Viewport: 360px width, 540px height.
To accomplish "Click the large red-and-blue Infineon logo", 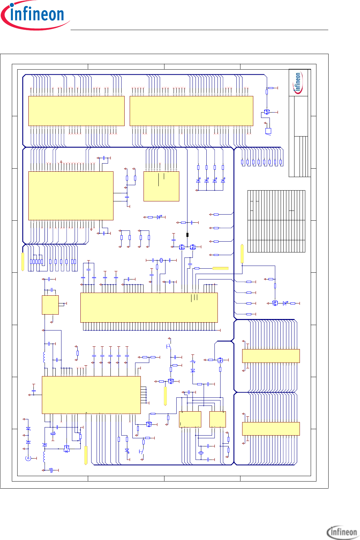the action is click(35, 15).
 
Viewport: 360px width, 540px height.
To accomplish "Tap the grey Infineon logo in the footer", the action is click(342, 532).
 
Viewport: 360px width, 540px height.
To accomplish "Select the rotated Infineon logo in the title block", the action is click(298, 83).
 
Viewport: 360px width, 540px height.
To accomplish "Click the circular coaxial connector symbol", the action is click(28, 458).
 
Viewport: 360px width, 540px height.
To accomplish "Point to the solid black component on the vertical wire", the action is click(187, 235).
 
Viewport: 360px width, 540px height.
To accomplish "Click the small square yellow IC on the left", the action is click(50, 305).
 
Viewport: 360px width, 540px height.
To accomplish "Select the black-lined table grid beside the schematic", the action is click(276, 221).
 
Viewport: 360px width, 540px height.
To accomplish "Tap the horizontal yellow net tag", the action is click(220, 268).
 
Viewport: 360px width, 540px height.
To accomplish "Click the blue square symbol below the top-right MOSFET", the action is click(268, 131).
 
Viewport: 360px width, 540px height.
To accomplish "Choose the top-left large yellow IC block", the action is click(76, 111).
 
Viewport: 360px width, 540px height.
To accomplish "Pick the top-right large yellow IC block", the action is click(191, 111).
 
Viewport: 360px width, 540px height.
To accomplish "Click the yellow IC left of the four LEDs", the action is click(161, 186).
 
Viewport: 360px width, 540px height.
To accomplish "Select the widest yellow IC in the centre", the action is click(149, 308).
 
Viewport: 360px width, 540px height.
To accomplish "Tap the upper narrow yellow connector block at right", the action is click(271, 356).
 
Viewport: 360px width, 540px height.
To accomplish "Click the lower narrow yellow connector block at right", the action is click(271, 428).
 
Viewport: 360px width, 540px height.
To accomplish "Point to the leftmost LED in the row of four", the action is click(198, 180).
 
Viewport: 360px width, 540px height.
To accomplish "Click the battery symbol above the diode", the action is click(193, 362).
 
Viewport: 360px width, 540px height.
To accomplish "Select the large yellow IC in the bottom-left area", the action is click(91, 395).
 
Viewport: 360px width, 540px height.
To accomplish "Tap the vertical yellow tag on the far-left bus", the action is click(23, 262).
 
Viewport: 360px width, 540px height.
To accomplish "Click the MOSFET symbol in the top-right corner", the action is click(267, 112).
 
